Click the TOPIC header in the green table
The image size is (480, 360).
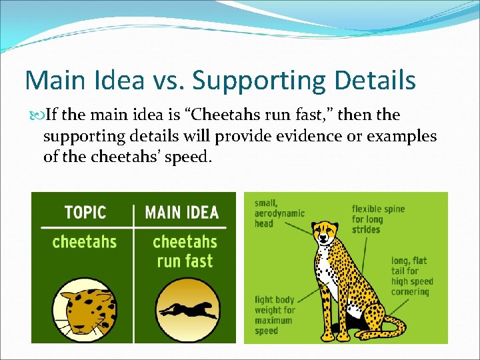click(85, 213)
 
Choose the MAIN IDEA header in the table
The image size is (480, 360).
click(182, 213)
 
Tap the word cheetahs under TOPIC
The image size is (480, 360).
click(85, 241)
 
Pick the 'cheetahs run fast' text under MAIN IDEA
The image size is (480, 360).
click(185, 251)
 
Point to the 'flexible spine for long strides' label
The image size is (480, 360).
click(378, 219)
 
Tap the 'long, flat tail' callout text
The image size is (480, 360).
click(410, 276)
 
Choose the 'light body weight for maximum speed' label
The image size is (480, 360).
click(275, 315)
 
